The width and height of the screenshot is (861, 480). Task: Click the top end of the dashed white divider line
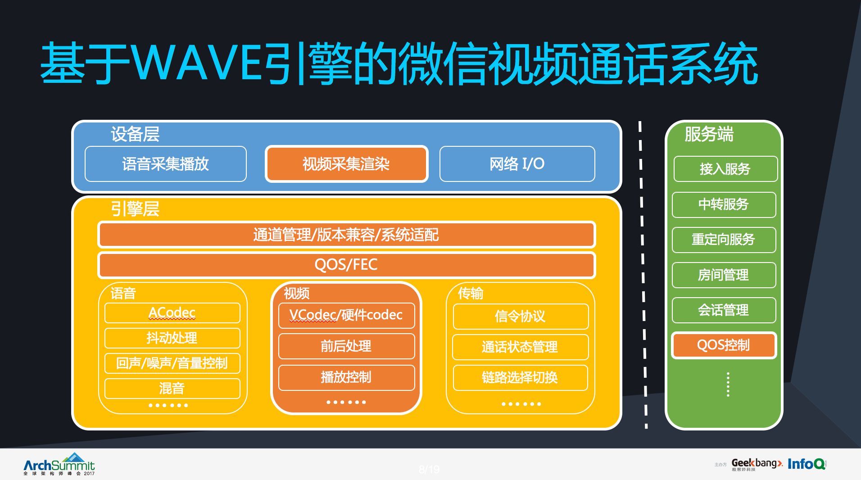[x=639, y=121]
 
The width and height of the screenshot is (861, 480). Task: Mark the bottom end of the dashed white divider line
[x=647, y=428]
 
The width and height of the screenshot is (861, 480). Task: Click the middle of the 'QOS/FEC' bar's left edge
[x=98, y=265]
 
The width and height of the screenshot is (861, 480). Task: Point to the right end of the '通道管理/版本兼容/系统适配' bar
[x=596, y=235]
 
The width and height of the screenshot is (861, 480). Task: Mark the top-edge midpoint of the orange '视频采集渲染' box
[x=346, y=146]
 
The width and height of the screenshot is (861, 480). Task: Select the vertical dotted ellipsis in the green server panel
[x=728, y=384]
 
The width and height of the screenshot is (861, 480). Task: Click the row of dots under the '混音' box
[x=168, y=405]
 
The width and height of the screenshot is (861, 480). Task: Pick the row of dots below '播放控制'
[x=346, y=402]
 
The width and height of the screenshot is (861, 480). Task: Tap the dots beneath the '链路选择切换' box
[x=521, y=404]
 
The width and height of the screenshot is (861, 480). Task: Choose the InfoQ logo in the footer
[x=807, y=464]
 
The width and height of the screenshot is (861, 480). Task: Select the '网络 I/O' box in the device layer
[x=517, y=164]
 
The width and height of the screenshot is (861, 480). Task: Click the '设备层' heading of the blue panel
[x=135, y=134]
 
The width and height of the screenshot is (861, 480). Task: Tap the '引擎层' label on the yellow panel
[x=135, y=209]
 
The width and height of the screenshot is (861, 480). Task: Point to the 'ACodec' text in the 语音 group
[x=172, y=312]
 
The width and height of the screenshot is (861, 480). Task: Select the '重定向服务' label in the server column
[x=723, y=239]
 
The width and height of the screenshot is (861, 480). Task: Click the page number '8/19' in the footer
[x=429, y=470]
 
